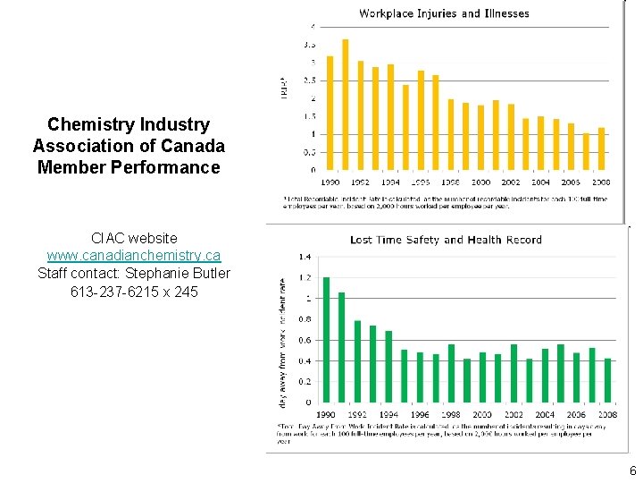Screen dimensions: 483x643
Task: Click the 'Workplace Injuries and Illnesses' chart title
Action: click(x=444, y=13)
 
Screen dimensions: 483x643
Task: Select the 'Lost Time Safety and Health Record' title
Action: click(x=446, y=240)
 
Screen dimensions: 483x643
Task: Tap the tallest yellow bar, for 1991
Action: click(x=346, y=104)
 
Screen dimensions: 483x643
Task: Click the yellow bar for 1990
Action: click(x=330, y=113)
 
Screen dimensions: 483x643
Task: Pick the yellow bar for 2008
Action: click(x=601, y=148)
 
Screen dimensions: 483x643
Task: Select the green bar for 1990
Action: click(x=326, y=340)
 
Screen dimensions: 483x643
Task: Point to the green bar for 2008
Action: click(x=608, y=380)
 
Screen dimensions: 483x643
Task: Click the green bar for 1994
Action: click(x=388, y=367)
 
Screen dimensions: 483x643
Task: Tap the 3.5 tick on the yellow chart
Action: click(x=309, y=44)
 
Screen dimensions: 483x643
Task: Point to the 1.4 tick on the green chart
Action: click(x=305, y=257)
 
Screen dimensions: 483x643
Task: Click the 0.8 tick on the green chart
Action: click(x=305, y=319)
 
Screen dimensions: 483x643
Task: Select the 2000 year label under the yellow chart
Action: click(x=481, y=182)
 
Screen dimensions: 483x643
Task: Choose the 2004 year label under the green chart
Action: click(x=545, y=415)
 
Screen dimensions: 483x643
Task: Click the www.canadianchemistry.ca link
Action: click(x=134, y=256)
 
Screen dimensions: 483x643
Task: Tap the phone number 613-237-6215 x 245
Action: click(x=134, y=292)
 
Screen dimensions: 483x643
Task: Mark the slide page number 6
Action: click(x=632, y=471)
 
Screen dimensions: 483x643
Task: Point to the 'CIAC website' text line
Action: click(x=134, y=238)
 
